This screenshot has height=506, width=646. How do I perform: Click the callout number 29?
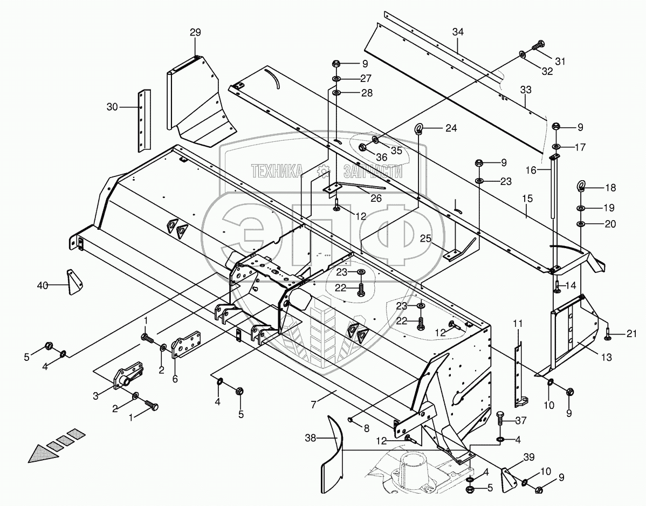click(x=195, y=33)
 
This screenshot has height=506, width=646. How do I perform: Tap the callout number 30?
click(x=112, y=107)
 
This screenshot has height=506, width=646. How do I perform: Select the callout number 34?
click(x=458, y=32)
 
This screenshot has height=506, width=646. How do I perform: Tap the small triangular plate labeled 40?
click(x=74, y=281)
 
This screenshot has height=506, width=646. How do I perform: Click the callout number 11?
click(x=518, y=324)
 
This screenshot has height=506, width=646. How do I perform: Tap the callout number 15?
click(x=527, y=199)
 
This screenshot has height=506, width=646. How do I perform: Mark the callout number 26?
click(x=376, y=199)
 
